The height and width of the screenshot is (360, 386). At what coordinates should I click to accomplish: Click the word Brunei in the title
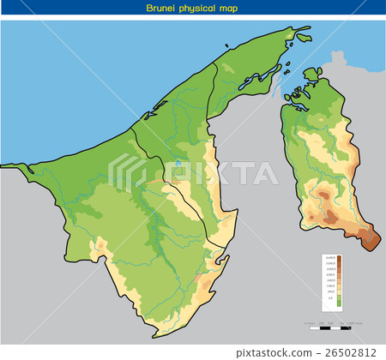point(161,8)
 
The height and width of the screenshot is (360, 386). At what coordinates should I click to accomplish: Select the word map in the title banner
point(229,8)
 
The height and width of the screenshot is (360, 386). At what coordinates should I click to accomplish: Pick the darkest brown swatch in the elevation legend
point(339,258)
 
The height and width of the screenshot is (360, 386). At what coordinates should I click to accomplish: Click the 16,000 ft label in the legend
point(329,257)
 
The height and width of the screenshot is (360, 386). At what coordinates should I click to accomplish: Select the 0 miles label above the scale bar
point(307,323)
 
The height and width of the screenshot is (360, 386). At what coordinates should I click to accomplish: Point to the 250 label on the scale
point(321,323)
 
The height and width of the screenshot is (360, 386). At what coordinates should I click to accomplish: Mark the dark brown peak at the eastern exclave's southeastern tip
point(371,240)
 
